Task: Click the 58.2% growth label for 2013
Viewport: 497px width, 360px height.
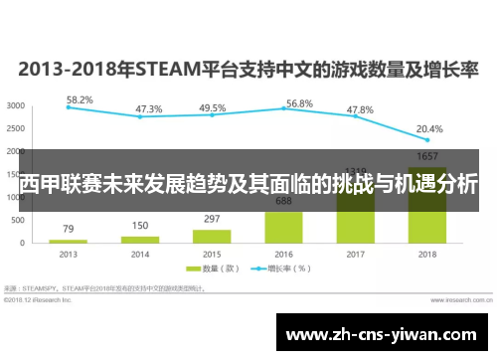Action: pyautogui.click(x=80, y=100)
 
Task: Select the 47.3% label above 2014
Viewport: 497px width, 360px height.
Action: pyautogui.click(x=149, y=109)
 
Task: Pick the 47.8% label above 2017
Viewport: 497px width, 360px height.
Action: pyautogui.click(x=360, y=109)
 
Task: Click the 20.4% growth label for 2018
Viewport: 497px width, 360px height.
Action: pyautogui.click(x=429, y=128)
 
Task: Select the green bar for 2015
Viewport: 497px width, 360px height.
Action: pyautogui.click(x=212, y=236)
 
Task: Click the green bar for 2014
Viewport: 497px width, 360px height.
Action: pyautogui.click(x=140, y=239)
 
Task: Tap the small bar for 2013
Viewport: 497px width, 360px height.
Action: pyautogui.click(x=69, y=241)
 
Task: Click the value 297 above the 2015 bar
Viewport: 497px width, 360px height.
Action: pyautogui.click(x=212, y=219)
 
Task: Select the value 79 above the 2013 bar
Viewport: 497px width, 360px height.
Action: pyautogui.click(x=69, y=229)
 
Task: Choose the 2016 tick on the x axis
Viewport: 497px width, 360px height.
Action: pyautogui.click(x=283, y=254)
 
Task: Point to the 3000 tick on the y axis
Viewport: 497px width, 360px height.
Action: pyautogui.click(x=17, y=104)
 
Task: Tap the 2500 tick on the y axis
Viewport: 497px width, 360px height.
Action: pyautogui.click(x=17, y=127)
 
